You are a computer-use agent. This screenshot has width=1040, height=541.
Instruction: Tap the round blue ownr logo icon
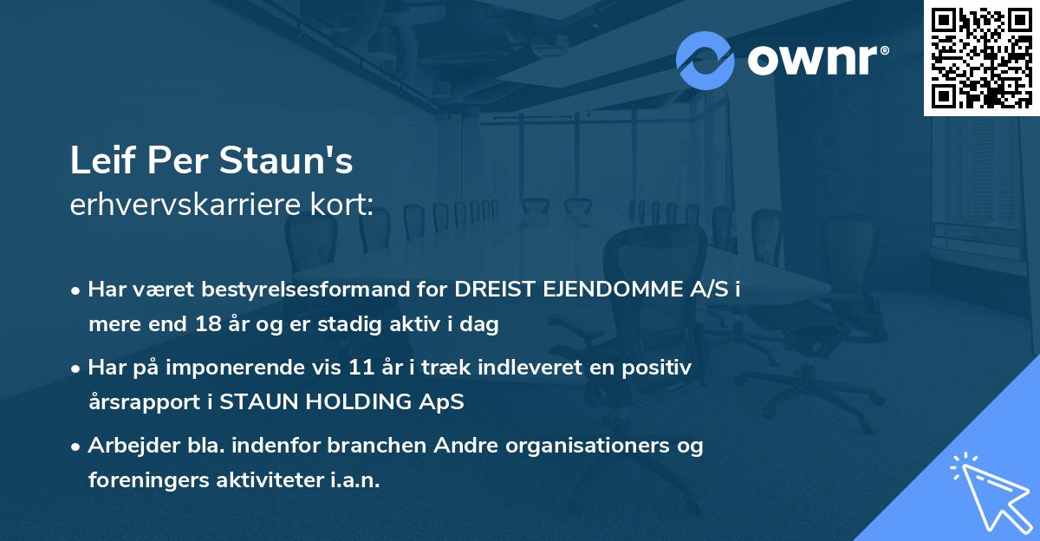coord(705,61)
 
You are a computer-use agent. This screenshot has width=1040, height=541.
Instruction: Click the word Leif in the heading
coord(98,162)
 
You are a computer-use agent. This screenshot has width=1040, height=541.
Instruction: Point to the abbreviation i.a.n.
coord(354,480)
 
